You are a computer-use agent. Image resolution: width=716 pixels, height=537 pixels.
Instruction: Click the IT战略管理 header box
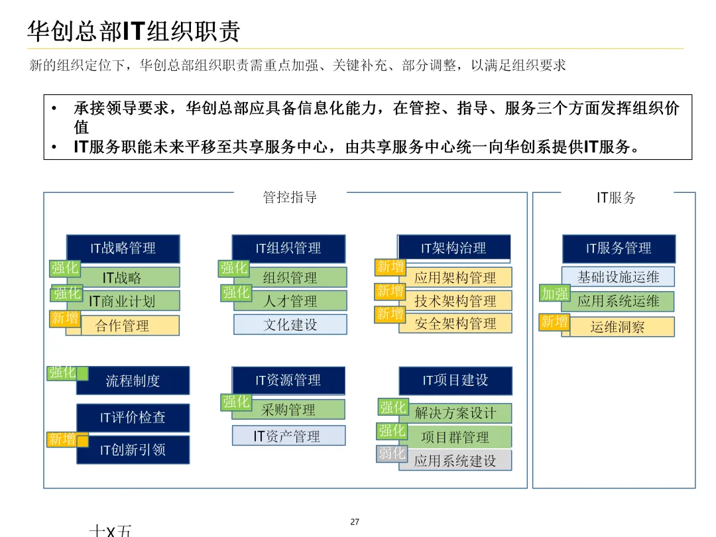pos(123,248)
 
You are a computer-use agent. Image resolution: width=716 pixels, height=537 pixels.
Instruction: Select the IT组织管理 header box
pos(288,248)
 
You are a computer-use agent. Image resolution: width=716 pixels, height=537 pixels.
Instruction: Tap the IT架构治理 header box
pos(454,248)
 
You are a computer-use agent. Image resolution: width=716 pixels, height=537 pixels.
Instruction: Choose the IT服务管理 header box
pos(619,249)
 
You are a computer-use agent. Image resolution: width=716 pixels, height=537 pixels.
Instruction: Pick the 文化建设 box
pos(290,324)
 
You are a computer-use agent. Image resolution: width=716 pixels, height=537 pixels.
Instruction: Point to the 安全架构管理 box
pos(455,324)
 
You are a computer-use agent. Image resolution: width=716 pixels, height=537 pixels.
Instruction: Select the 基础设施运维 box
pos(618,276)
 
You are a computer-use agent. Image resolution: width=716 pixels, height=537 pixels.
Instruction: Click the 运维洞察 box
pos(618,327)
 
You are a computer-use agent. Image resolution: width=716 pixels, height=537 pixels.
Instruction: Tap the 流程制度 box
pos(133,381)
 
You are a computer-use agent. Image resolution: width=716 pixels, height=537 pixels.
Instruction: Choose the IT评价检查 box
pos(133,418)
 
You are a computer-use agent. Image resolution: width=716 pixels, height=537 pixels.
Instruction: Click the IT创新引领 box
pos(133,450)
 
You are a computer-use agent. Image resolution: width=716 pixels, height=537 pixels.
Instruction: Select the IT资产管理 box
pos(288,436)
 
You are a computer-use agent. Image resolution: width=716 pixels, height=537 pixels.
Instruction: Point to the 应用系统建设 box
pos(455,461)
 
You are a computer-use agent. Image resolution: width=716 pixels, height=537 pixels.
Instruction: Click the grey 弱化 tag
pos(391,453)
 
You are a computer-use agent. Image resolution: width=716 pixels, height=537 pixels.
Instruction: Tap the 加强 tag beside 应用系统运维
pos(554,294)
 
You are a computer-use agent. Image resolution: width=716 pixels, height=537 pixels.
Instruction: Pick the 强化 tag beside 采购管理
pos(235,402)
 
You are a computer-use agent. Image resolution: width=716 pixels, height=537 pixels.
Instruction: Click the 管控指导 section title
pos(290,197)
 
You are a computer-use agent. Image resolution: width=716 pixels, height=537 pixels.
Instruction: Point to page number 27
pos(355,522)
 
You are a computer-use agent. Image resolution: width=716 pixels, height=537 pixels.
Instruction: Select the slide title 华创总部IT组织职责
pos(133,31)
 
